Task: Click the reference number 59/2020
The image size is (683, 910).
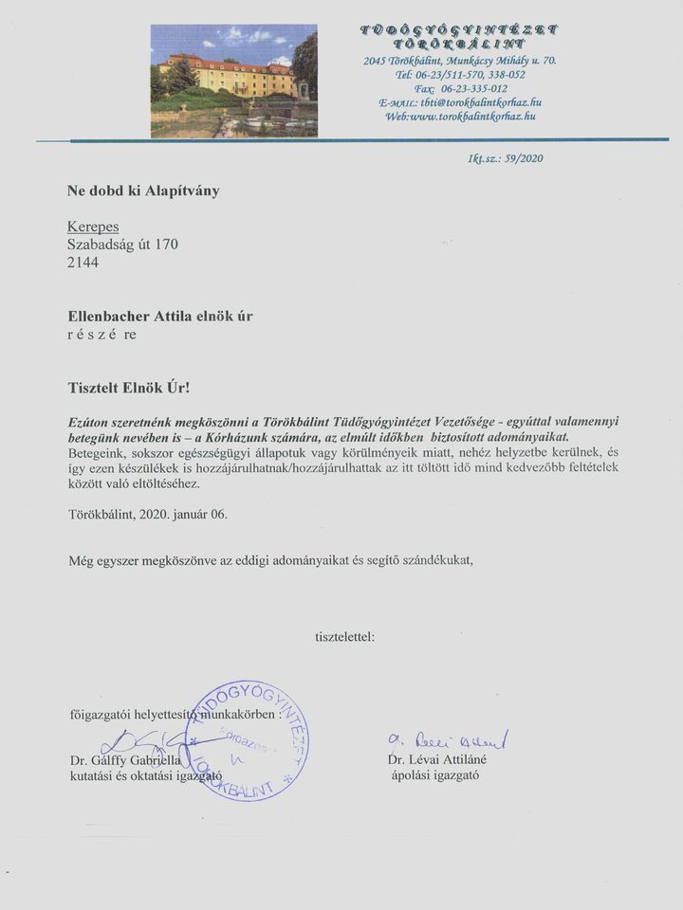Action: pyautogui.click(x=524, y=158)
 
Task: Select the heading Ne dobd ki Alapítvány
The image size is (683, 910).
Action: pyautogui.click(x=142, y=191)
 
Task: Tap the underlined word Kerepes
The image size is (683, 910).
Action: pyautogui.click(x=92, y=227)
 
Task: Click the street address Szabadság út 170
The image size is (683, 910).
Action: pyautogui.click(x=122, y=245)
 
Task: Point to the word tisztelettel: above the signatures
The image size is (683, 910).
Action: pyautogui.click(x=344, y=635)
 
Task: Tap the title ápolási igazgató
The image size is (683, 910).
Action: pyautogui.click(x=435, y=774)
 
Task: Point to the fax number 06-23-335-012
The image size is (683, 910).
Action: pyautogui.click(x=473, y=88)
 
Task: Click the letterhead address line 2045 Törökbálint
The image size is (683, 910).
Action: pyautogui.click(x=459, y=61)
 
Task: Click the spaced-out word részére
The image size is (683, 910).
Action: pyautogui.click(x=102, y=334)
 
